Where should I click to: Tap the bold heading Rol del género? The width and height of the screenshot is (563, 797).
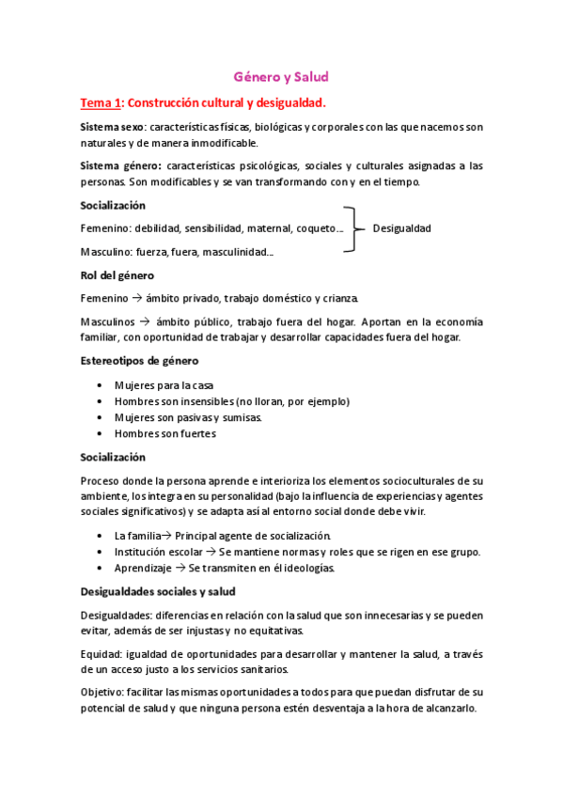[x=117, y=275]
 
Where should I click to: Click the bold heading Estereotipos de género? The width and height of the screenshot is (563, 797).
[x=138, y=361]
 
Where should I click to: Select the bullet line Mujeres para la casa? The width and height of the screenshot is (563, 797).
[x=164, y=384]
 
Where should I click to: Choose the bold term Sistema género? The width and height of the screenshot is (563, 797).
[x=120, y=165]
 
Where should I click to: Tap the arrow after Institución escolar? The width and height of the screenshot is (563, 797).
[x=211, y=552]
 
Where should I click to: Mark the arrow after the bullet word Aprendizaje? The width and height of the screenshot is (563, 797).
[x=182, y=568]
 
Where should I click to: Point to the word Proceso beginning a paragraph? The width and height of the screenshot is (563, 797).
[x=102, y=480]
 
